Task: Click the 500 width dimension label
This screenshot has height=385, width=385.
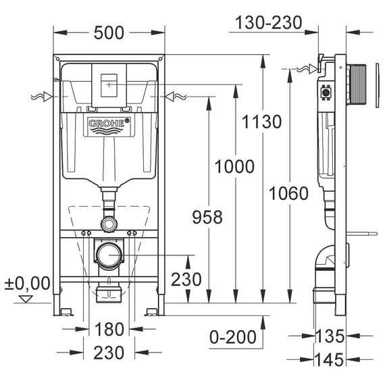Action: tap(109, 33)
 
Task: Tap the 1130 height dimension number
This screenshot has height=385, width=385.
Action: tap(262, 122)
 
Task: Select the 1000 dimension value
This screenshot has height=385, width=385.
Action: tap(234, 166)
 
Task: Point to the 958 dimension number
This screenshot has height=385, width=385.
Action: tap(207, 217)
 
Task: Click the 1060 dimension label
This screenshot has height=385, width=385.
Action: tap(289, 193)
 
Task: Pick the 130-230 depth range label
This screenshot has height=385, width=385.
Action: tap(269, 22)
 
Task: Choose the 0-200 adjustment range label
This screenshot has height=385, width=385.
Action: tap(233, 337)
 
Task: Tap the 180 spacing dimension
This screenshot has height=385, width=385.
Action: tap(109, 329)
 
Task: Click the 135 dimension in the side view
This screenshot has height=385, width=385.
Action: tap(330, 336)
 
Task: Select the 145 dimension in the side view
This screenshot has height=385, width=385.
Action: tap(329, 360)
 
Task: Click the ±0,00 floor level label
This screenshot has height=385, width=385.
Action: tap(27, 284)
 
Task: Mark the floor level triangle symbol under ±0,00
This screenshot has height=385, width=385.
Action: tap(26, 299)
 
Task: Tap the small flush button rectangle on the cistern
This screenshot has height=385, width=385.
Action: tap(109, 85)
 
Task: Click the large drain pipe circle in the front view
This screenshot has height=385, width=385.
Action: tap(109, 255)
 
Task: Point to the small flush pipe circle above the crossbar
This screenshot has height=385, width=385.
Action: tap(109, 224)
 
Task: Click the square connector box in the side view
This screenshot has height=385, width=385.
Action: tap(326, 93)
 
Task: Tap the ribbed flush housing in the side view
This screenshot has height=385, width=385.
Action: tap(356, 85)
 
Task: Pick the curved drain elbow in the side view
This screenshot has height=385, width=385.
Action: tap(324, 257)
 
